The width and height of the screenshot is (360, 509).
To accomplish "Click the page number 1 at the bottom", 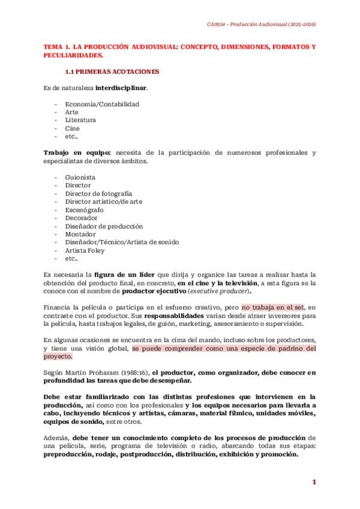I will coord(313,482).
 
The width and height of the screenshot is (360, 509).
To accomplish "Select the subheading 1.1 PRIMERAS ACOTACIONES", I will coord(112,71).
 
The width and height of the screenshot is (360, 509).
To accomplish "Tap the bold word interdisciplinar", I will coord(121,88).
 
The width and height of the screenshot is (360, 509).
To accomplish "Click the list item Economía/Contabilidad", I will coord(102,104).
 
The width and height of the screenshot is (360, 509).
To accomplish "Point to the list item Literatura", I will coord(80,120).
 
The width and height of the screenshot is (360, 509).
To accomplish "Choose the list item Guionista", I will coord(80,177).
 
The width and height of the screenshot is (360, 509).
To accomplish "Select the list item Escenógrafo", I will coord(84,210).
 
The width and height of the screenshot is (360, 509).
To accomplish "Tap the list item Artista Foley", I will coord(86,250).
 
